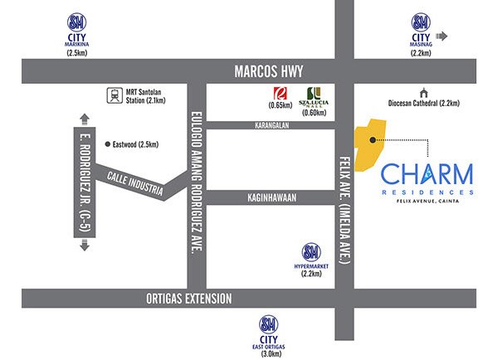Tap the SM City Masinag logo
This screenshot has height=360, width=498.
(x=422, y=22)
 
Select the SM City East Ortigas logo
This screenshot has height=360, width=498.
(x=270, y=322)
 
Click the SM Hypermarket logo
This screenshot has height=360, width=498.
(x=311, y=251)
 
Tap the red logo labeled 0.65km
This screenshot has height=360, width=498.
(x=280, y=95)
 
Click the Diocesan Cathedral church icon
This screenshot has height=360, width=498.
(x=423, y=92)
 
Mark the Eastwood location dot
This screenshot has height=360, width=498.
(x=108, y=144)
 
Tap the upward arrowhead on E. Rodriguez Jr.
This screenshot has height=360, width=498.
(x=84, y=116)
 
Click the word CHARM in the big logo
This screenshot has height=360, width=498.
(x=427, y=174)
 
